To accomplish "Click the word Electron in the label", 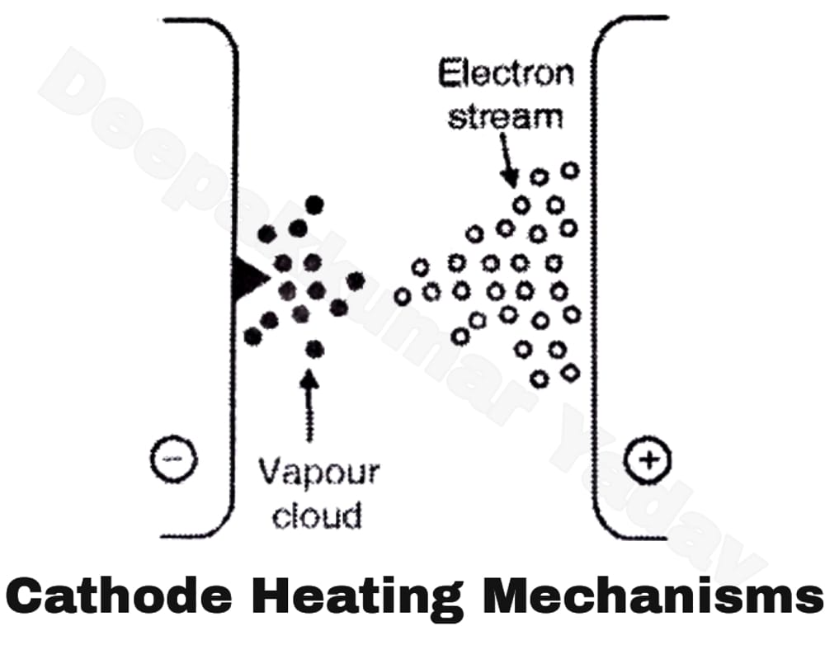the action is coord(505,74).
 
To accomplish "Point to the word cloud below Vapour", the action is coord(317,515).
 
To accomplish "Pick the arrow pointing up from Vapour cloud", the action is coord(310,404).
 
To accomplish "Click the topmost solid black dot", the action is coord(314,204).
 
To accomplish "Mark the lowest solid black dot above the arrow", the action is coord(314,350).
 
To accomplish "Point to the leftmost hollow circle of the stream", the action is coord(403,296).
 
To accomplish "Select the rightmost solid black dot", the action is coord(356,281).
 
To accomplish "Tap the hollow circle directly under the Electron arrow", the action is coord(521,204).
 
